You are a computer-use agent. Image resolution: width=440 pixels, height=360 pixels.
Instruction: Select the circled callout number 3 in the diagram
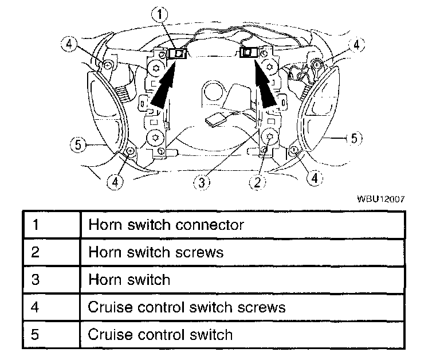coord(202,182)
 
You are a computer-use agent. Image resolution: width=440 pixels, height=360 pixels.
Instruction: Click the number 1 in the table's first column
coord(36,225)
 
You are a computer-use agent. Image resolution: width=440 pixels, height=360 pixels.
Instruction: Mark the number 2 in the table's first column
coord(36,252)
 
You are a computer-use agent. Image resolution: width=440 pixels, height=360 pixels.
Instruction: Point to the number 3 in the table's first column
coord(36,280)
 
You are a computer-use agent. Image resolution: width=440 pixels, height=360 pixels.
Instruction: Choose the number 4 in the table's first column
coord(36,307)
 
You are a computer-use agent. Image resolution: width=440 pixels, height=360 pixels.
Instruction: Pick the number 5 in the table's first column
coord(36,334)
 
